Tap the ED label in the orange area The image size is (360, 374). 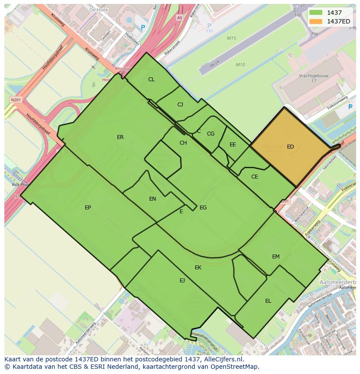click(290, 147)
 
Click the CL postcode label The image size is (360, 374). click(151, 79)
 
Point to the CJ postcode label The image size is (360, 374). click(180, 105)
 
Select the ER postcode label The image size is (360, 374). click(120, 137)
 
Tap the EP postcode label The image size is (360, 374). click(88, 208)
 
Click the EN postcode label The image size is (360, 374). click(153, 199)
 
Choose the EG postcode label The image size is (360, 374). click(203, 208)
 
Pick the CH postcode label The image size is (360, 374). click(183, 143)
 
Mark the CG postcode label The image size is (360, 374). click(210, 134)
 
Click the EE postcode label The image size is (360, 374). click(233, 145)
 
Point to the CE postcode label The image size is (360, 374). click(255, 177)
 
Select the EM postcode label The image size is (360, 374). click(276, 257)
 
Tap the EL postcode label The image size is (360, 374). click(268, 301)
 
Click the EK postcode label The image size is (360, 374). click(198, 268)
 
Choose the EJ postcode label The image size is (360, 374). click(182, 281)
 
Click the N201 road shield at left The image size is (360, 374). click(16, 100)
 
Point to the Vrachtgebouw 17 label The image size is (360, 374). click(313, 78)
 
